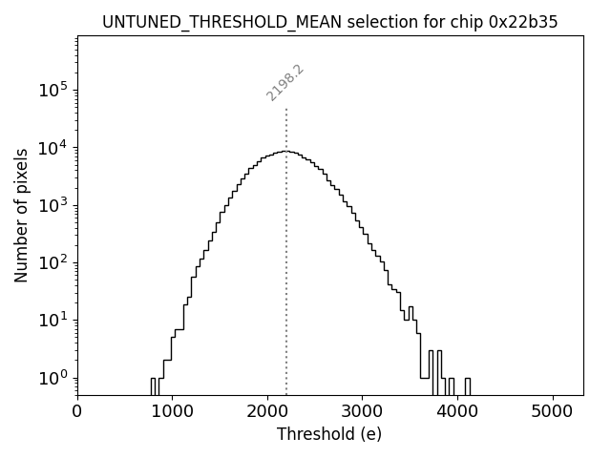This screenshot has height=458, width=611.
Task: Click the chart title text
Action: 329,21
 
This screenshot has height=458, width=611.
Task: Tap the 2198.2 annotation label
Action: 284,83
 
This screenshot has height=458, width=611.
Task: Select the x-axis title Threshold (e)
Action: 329,434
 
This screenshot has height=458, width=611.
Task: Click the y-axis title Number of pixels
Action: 21,215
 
